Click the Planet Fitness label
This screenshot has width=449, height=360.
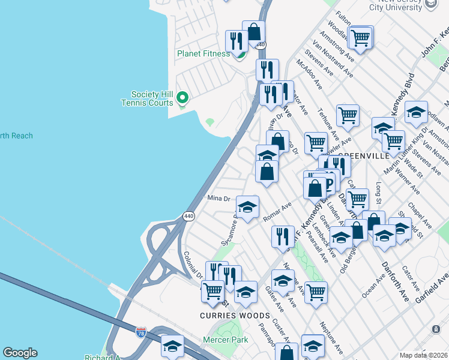coord(203,53)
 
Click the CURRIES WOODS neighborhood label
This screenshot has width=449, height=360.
coord(228,315)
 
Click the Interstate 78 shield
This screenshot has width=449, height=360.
coord(140,332)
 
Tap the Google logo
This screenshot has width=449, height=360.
coord(20,353)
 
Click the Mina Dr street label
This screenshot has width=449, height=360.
coord(218,199)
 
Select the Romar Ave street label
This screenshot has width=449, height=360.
coord(277,212)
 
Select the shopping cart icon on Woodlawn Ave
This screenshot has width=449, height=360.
coord(360,37)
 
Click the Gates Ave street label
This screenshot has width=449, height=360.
coord(274,298)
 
